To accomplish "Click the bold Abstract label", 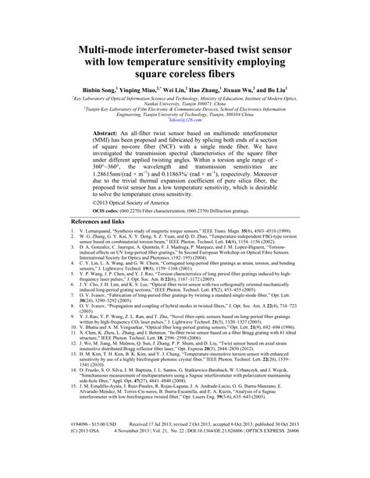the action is (x=108, y=134).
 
